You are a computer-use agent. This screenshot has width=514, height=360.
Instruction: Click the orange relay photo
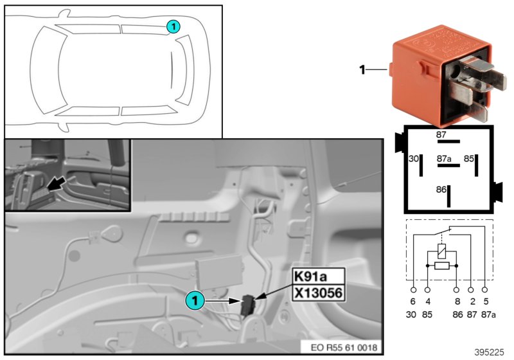coord(437,74)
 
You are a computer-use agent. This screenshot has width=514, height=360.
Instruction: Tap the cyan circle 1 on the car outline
coord(173,26)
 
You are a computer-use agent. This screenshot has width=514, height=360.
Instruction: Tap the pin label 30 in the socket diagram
coord(414,157)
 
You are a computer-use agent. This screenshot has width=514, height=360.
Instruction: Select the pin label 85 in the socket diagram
coord(470,157)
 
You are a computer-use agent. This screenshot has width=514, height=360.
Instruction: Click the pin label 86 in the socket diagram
coord(441,190)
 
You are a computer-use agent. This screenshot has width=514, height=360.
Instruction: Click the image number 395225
coord(490,352)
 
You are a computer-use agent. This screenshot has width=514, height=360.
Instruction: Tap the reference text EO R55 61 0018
coord(344,348)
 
